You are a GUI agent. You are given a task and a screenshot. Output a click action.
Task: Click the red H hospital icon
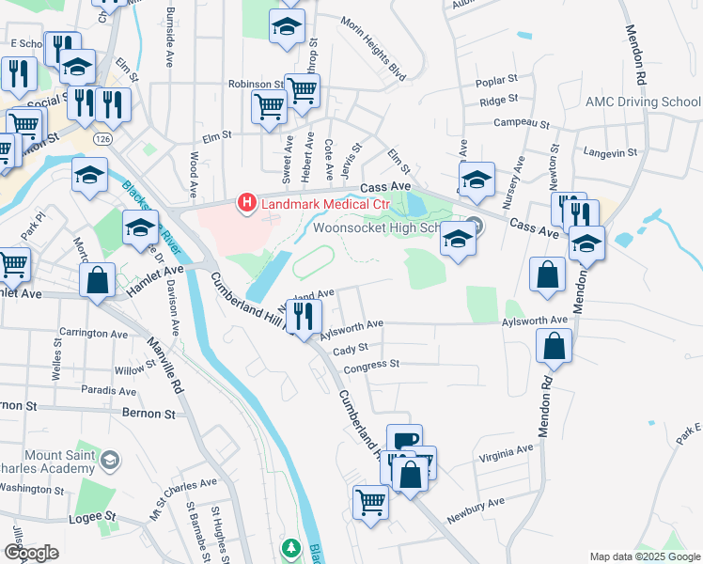pyautogui.click(x=247, y=202)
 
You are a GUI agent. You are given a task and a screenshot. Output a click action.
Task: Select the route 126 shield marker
pyautogui.click(x=102, y=139)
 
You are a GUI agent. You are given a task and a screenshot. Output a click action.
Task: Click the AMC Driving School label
pyautogui.click(x=643, y=102)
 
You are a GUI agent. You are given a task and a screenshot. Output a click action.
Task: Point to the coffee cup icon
pyautogui.click(x=404, y=440)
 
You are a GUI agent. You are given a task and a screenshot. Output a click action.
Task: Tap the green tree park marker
pyautogui.click(x=291, y=547)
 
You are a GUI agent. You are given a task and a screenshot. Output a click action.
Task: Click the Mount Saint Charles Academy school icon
pyautogui.click(x=109, y=460)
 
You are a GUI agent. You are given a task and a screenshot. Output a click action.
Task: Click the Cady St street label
pyautogui.click(x=348, y=348)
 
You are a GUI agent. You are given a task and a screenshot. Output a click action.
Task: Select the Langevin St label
pyautogui.click(x=610, y=150)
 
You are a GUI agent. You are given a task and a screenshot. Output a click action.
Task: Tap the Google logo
pyautogui.click(x=31, y=554)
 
